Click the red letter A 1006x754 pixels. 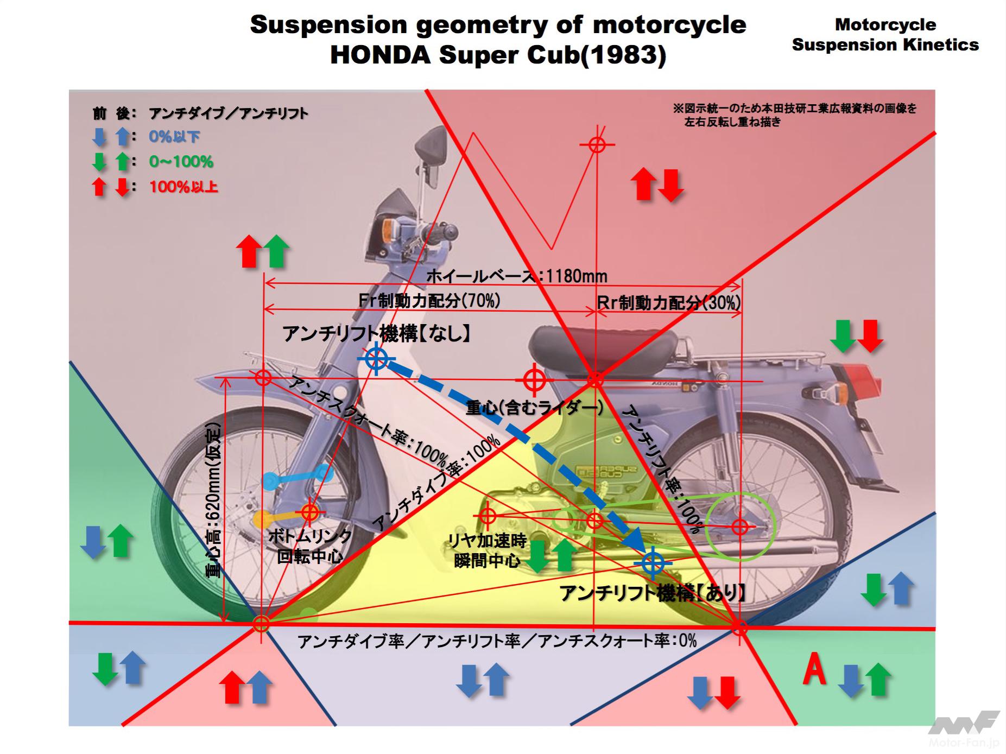[814, 670]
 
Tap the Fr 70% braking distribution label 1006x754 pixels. [429, 300]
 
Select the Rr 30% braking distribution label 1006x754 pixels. [669, 302]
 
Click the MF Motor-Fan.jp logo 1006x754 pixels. [964, 727]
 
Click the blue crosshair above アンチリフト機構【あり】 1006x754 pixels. [653, 563]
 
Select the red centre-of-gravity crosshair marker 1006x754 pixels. [534, 379]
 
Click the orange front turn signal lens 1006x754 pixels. [393, 225]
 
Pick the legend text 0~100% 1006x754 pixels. [181, 161]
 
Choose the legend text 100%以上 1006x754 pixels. [184, 187]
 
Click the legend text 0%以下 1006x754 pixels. [174, 136]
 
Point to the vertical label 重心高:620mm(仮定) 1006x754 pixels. [213, 499]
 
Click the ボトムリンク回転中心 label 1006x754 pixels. [309, 546]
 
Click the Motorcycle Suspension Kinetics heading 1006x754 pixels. [885, 34]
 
